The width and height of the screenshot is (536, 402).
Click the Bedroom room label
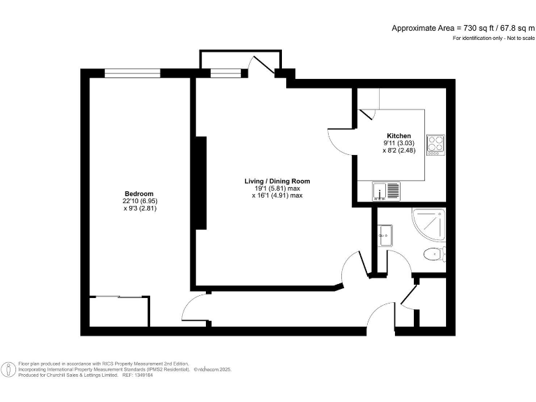tap(139, 193)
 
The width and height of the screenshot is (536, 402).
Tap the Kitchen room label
tap(399, 135)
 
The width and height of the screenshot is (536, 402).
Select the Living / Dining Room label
tap(277, 181)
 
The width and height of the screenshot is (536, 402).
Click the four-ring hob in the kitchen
tap(435, 143)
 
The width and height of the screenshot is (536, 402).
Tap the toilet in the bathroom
tap(435, 253)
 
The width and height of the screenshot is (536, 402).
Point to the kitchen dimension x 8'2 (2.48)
tap(399, 151)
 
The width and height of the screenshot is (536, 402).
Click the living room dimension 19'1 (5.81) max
tap(277, 188)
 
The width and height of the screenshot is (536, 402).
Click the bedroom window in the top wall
tap(133, 73)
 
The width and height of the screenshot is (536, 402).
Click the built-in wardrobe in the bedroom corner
tap(119, 311)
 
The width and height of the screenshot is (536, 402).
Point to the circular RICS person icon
tap(9, 369)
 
